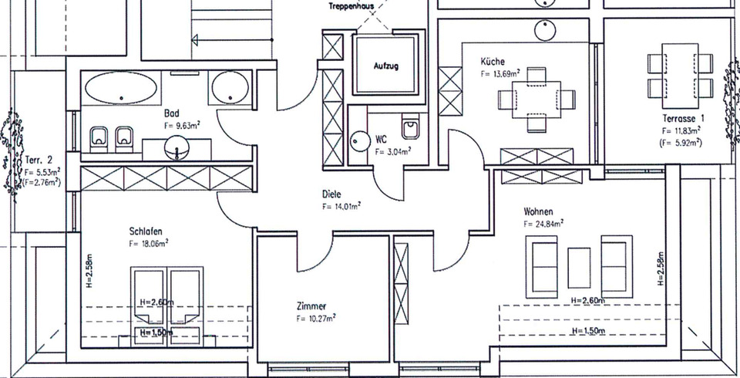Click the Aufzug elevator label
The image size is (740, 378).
pos(386,66)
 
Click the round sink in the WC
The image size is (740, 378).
pos(360,140)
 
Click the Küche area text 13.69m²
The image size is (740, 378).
pos(499,74)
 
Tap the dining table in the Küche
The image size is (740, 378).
pos(535,99)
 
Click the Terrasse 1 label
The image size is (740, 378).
pos(684,119)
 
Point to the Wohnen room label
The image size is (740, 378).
pos(538,211)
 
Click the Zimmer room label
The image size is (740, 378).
pos(311,305)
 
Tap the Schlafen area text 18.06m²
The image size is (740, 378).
pos(150,242)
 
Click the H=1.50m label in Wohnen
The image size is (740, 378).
pos(588,331)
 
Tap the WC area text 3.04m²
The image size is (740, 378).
pos(392,152)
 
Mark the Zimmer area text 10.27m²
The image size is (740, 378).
pos(316,318)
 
